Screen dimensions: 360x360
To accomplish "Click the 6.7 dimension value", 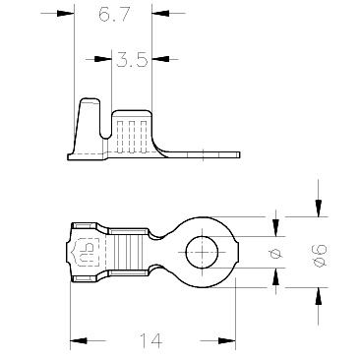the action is point(114,15).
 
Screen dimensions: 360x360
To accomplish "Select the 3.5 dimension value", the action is point(132,59).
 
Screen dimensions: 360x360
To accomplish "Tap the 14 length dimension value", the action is point(151,340).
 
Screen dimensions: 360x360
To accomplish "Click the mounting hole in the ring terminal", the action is point(202,252).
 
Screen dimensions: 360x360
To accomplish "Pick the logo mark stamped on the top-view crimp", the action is point(86,252).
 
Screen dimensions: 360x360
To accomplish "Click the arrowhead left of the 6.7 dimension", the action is point(65,14).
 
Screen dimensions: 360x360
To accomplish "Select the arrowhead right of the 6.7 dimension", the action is point(160,14).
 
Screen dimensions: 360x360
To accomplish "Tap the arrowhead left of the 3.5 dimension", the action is point(103,59).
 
